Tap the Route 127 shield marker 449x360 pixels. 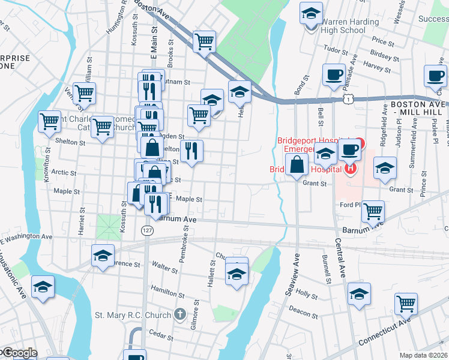[x=146, y=230]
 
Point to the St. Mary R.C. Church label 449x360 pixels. [x=133, y=314]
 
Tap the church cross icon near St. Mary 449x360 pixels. [x=179, y=314]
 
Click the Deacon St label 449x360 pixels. [x=303, y=312]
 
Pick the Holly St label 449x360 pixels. [x=306, y=295]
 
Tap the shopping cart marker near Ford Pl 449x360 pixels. [x=373, y=211]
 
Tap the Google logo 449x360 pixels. [x=19, y=353]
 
